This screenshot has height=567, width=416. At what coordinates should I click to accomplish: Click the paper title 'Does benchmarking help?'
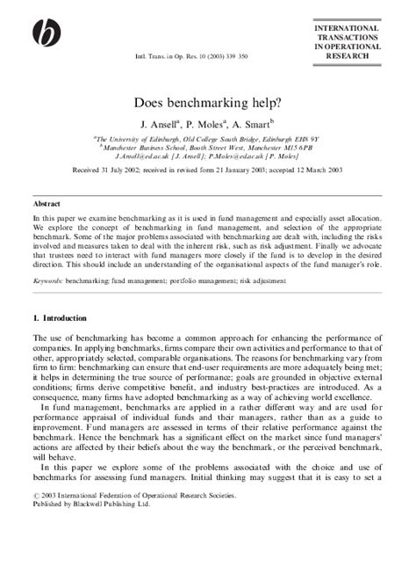208,103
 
